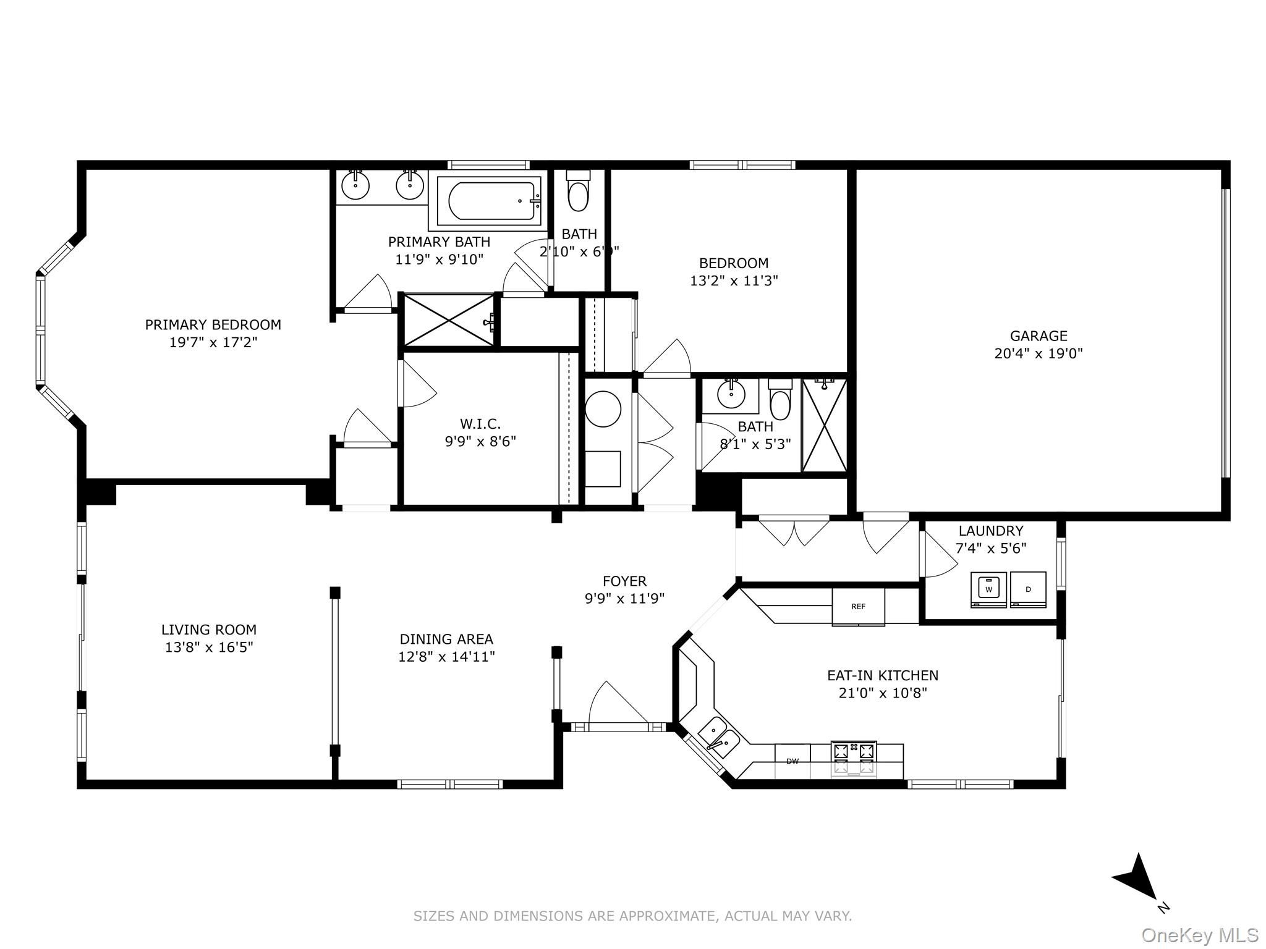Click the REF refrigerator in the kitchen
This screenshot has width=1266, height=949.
coord(858,607)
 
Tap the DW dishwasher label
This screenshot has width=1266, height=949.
coord(792,761)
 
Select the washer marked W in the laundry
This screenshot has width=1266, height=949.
coord(988,589)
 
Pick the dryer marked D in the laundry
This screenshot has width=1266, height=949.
coord(1028,589)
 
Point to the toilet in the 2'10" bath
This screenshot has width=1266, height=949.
coord(579,190)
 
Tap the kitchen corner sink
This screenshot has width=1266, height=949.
coord(718,737)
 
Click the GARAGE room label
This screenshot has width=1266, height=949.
coord(1039,336)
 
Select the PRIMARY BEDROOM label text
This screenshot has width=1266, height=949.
coord(213,325)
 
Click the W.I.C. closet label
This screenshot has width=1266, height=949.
coord(480,424)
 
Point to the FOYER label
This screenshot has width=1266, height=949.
coord(624,581)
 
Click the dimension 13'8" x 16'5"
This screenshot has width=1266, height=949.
coord(209,647)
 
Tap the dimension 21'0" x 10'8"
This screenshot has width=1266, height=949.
coord(883,693)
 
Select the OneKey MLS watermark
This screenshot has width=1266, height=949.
coord(1200,935)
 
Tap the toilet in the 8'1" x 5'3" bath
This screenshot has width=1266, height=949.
coord(780,400)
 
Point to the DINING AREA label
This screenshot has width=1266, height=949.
coord(446,639)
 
